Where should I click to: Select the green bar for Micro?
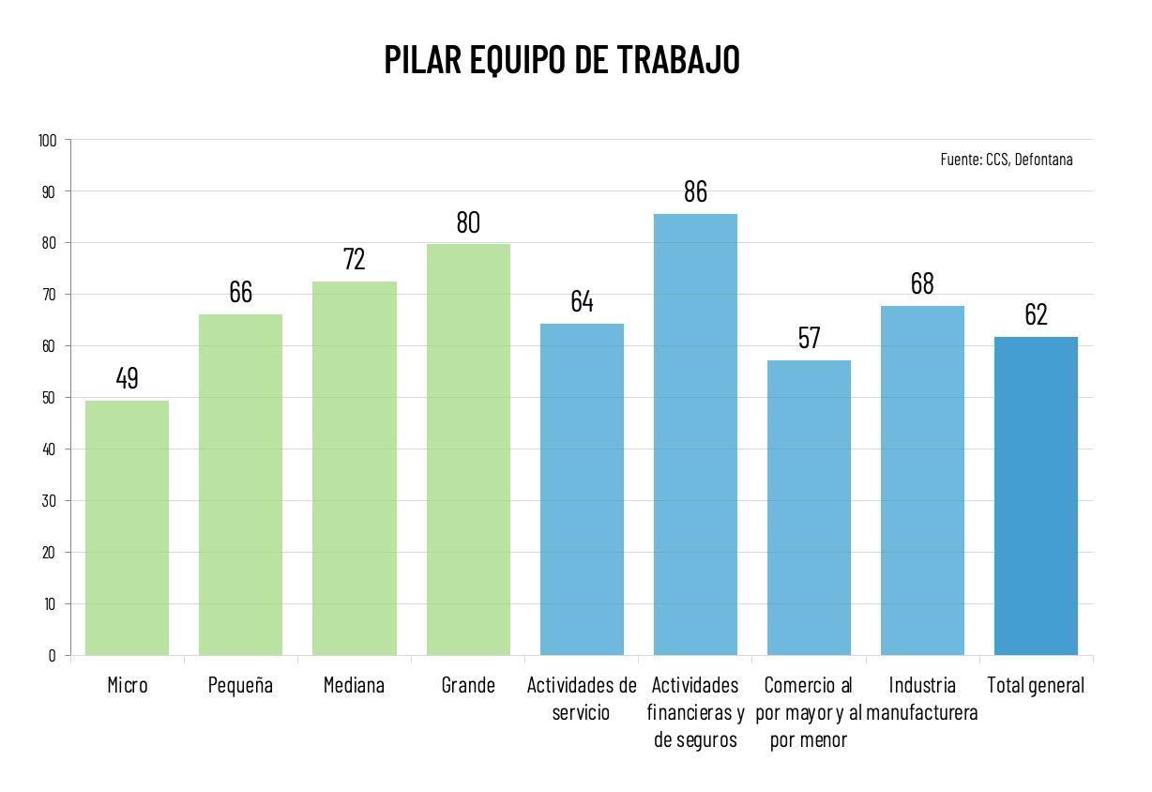(x=127, y=527)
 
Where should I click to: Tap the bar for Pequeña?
(x=240, y=484)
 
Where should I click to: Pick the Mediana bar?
(x=355, y=468)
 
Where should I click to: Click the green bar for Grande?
(x=468, y=449)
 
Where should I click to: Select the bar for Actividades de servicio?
(x=582, y=489)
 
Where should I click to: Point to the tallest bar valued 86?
(x=695, y=434)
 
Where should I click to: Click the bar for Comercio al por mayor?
(x=809, y=508)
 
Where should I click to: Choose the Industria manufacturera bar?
(x=922, y=480)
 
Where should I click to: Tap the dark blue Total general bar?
(x=1036, y=495)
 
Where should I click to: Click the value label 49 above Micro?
(x=127, y=378)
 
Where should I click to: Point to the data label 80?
(x=468, y=222)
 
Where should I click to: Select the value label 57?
(x=809, y=338)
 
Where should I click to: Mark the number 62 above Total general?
(x=1036, y=314)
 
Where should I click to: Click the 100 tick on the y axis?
(x=48, y=141)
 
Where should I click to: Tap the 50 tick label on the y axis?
(x=50, y=398)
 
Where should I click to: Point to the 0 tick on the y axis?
(x=53, y=656)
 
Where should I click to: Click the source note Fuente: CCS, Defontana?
(x=1006, y=160)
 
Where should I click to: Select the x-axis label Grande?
(x=468, y=686)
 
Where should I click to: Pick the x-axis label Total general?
(x=1036, y=686)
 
